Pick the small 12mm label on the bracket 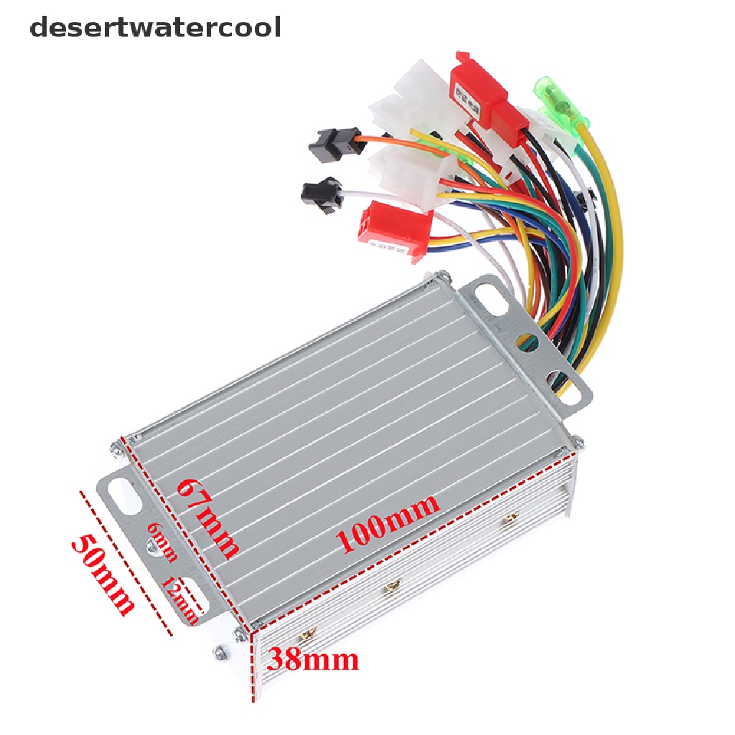click(179, 599)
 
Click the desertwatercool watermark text click(155, 28)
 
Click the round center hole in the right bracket click(525, 338)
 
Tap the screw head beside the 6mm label click(152, 548)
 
